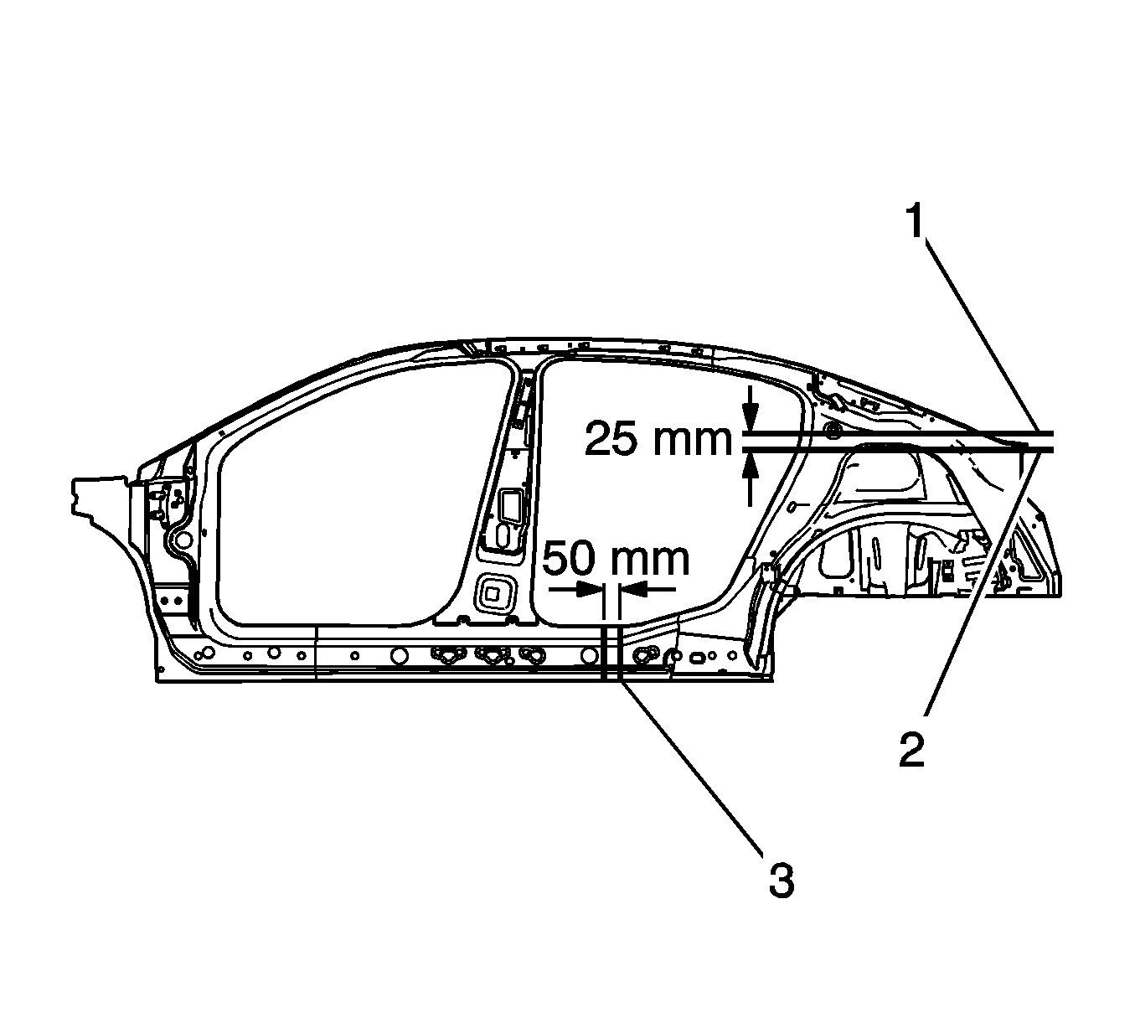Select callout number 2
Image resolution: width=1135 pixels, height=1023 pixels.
[x=912, y=750]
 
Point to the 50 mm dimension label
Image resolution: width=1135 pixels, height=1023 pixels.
[x=617, y=560]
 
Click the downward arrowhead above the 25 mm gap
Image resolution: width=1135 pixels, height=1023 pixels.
[x=750, y=420]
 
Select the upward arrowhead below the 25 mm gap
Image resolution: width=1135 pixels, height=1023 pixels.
[x=750, y=463]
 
